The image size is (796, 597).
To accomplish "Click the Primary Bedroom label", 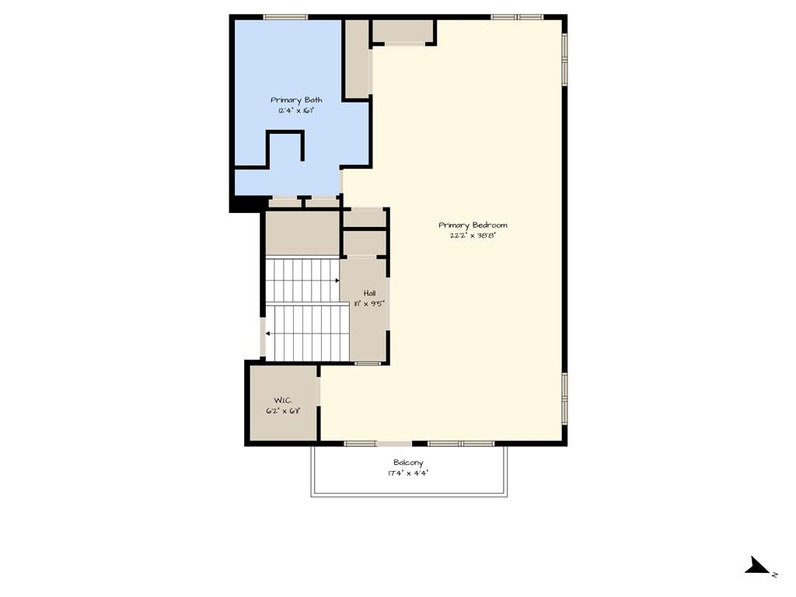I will pyautogui.click(x=473, y=225).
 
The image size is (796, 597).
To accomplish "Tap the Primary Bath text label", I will pyautogui.click(x=296, y=99).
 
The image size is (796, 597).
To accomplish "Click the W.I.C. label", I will pyautogui.click(x=281, y=400).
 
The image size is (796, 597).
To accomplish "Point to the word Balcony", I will pyautogui.click(x=408, y=463).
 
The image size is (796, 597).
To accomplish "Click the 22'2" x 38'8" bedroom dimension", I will pyautogui.click(x=473, y=236).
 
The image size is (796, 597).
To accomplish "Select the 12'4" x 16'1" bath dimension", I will pyautogui.click(x=296, y=110).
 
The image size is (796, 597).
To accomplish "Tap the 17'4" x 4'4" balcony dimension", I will pyautogui.click(x=408, y=473).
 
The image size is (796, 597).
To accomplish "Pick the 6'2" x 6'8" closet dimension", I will pyautogui.click(x=281, y=410).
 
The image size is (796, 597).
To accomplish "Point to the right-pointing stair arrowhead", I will pyautogui.click(x=337, y=280).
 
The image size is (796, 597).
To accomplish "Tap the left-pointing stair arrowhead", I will pyautogui.click(x=267, y=333).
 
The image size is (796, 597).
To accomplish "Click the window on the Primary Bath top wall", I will pyautogui.click(x=285, y=17).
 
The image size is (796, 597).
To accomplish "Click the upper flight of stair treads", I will pyautogui.click(x=302, y=280).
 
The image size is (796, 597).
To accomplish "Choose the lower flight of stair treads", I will pyautogui.click(x=308, y=333).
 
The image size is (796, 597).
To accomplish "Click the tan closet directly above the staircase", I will pyautogui.click(x=302, y=232).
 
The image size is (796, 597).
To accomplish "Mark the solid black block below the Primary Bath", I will pyautogui.click(x=247, y=204).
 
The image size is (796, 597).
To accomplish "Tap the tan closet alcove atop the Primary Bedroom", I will pyautogui.click(x=402, y=31).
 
